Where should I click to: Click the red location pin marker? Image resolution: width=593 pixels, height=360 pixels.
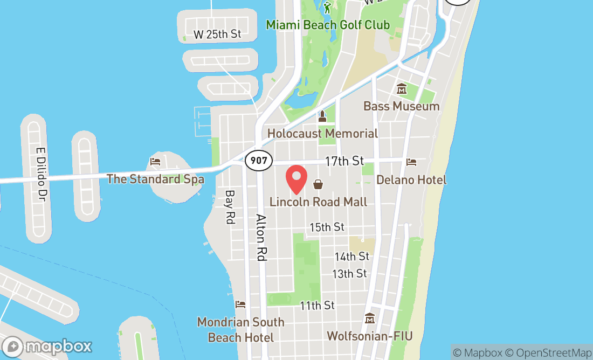(x=296, y=179)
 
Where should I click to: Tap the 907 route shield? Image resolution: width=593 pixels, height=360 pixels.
(x=258, y=160)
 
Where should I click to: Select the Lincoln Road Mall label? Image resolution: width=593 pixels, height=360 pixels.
(x=318, y=202)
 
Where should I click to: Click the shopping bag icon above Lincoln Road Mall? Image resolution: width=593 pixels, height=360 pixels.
(x=318, y=185)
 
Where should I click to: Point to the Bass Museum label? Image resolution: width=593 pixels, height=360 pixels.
(x=401, y=106)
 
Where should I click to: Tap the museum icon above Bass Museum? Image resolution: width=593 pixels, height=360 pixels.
(x=401, y=89)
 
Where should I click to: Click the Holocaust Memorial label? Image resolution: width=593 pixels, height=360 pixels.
(x=322, y=133)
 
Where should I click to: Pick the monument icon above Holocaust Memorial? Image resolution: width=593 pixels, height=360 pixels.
(x=322, y=116)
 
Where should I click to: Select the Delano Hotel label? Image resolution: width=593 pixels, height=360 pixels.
(x=411, y=179)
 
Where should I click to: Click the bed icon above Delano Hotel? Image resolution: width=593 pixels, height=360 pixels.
(x=411, y=162)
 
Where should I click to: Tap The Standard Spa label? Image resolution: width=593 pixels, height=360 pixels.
(x=155, y=179)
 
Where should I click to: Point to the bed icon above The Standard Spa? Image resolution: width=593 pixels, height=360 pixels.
(x=155, y=161)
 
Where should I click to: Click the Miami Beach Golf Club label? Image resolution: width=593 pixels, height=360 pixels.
(x=328, y=25)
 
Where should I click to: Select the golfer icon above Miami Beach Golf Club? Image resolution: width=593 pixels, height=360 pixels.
(x=327, y=8)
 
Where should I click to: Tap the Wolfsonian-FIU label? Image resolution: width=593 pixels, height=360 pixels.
(x=370, y=336)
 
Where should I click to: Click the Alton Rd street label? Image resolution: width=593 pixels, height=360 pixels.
(x=261, y=238)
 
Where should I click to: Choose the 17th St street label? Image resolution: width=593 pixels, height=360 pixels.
(x=344, y=161)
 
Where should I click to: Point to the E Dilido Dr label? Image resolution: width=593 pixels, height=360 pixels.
(x=39, y=175)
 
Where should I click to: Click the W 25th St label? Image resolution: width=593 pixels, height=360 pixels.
(x=217, y=34)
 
